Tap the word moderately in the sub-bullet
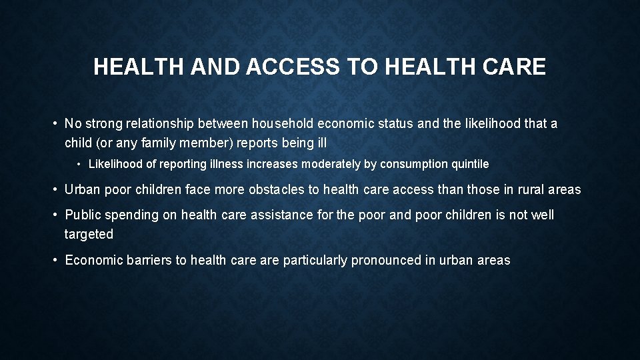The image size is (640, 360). coord(333,164)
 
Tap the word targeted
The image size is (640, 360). coord(89,234)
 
